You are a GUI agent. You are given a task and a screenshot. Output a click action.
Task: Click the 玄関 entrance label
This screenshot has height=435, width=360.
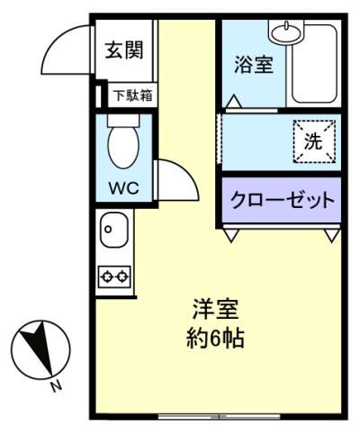point(123,50)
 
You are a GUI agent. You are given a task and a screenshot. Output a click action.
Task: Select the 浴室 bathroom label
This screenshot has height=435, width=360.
point(253,65)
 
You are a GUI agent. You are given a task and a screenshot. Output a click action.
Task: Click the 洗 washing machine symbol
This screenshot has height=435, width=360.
point(313,141)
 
